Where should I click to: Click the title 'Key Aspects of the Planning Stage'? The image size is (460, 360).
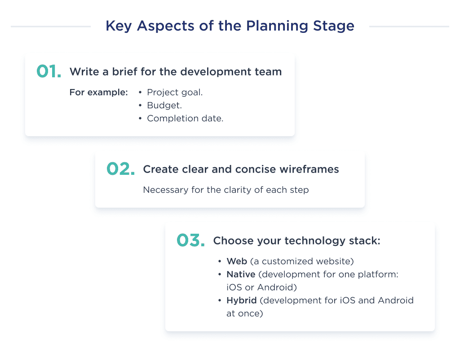(x=230, y=26)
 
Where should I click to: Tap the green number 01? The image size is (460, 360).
(x=49, y=72)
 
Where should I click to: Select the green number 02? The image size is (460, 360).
(x=120, y=169)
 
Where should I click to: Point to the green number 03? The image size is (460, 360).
(x=190, y=240)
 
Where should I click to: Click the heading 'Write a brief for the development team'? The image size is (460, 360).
(x=176, y=71)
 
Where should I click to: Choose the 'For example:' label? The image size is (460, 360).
(x=98, y=93)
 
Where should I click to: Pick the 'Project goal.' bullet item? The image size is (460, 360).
(x=175, y=93)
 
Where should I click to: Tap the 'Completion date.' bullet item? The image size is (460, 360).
(x=185, y=119)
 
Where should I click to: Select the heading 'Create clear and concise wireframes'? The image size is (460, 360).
(x=241, y=169)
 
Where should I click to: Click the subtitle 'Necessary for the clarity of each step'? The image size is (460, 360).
(x=226, y=190)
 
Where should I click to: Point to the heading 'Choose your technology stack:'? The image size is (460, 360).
(x=296, y=240)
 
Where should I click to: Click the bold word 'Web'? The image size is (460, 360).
(x=237, y=262)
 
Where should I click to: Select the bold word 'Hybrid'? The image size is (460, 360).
(x=242, y=300)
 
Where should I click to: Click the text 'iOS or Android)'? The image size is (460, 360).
(x=261, y=287)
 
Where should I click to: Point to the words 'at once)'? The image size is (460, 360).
(x=244, y=313)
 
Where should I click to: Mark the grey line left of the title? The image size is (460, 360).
(x=50, y=27)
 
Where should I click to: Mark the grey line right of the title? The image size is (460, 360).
(x=409, y=27)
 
